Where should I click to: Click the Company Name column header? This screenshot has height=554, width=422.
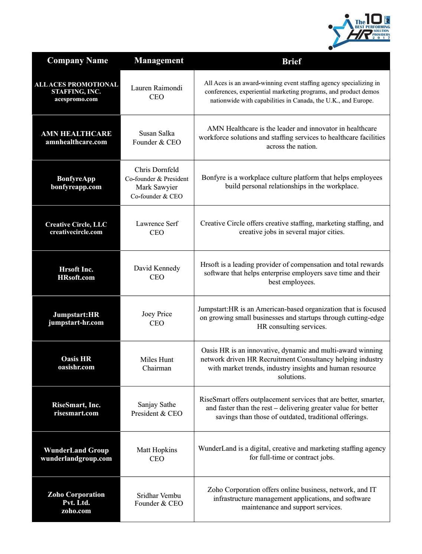[x=77, y=61]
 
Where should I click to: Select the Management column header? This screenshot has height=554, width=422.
[x=159, y=61]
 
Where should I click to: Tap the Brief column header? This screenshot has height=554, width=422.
[x=292, y=61]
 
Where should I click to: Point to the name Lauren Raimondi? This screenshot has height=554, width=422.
[x=156, y=88]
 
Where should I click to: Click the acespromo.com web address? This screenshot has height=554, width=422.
[x=76, y=99]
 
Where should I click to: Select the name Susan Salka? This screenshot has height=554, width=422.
[x=156, y=133]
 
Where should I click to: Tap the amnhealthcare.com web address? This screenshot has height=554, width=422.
[x=76, y=142]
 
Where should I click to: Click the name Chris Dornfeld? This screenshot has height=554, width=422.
[x=156, y=170]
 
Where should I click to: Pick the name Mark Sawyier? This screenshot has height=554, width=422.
[x=156, y=187]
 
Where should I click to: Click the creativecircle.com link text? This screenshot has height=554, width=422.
[x=76, y=232]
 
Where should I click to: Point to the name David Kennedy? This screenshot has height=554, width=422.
[x=157, y=268]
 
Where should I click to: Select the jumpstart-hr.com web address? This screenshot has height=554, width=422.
[x=76, y=323]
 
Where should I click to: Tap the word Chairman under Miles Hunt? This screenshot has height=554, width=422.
[x=157, y=368]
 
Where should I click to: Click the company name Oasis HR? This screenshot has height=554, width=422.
[x=76, y=359]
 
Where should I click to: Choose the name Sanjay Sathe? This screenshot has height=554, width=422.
[x=157, y=405]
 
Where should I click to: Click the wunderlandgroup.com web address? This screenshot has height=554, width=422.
[x=76, y=458]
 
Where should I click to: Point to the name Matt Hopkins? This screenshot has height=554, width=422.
[x=157, y=450]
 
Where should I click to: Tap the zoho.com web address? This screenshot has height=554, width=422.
[x=76, y=511]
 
